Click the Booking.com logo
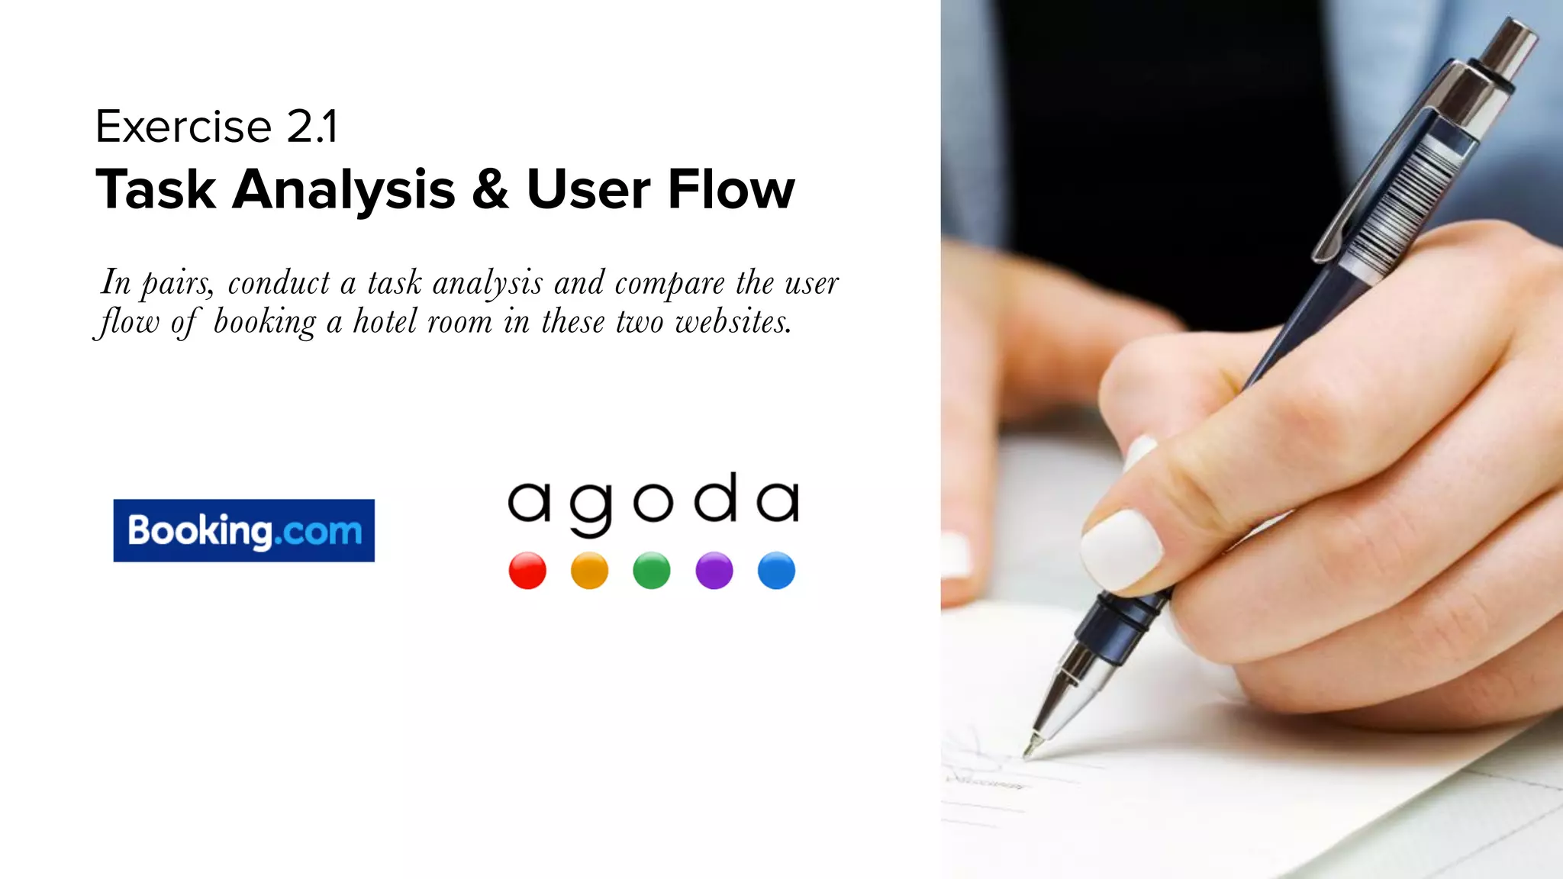243,530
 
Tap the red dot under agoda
527,571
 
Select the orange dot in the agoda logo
589,571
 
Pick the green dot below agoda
652,571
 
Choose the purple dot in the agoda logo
714,571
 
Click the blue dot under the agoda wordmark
776,571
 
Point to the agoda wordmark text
653,502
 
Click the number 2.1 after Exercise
311,127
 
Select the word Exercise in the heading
183,127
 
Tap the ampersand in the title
490,189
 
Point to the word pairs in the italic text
176,284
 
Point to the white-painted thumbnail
1120,549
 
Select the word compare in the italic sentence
669,284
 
